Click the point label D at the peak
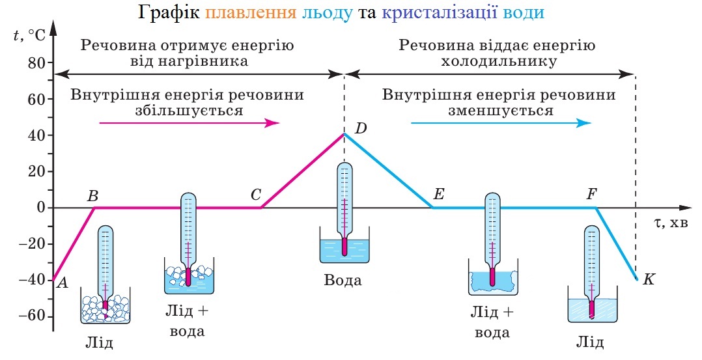[361, 128]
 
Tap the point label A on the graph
[63, 283]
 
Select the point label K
[648, 279]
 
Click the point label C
[255, 194]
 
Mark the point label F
[591, 194]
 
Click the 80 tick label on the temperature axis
[36, 63]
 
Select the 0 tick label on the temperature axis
[40, 208]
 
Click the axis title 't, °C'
[29, 35]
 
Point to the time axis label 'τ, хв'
[671, 223]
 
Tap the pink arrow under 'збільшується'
[189, 123]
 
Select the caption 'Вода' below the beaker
[343, 281]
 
